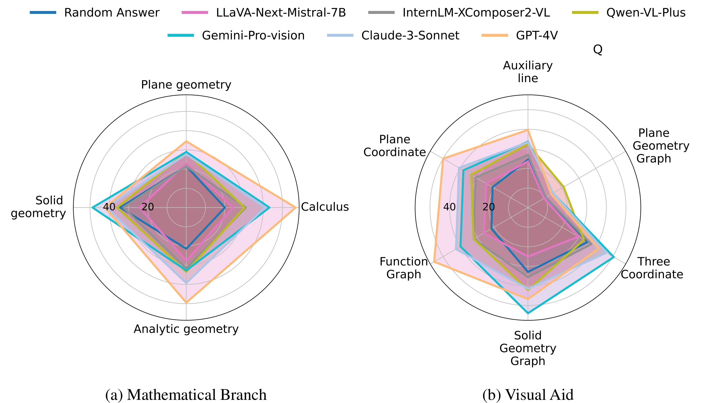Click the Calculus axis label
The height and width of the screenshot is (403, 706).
click(325, 207)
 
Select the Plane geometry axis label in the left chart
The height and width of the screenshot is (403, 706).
click(186, 85)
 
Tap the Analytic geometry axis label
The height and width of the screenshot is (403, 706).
click(186, 329)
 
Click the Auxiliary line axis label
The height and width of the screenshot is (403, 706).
click(528, 72)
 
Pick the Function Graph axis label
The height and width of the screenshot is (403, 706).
click(403, 268)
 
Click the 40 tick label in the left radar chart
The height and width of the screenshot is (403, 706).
click(109, 207)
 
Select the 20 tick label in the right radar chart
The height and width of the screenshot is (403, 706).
click(488, 207)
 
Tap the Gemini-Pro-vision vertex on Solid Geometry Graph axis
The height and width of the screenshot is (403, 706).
click(528, 313)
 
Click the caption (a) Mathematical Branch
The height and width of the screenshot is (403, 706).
click(186, 395)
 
